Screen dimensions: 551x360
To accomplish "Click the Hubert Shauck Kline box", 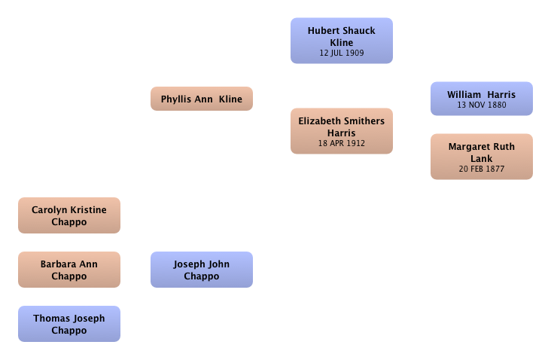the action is pos(342,41).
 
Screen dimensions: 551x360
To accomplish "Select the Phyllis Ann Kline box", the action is pos(202,99).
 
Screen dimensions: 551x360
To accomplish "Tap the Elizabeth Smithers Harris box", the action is pos(342,131).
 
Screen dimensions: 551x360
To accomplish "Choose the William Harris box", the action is pos(482,99).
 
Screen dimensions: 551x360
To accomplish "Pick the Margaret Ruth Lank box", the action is pos(482,157).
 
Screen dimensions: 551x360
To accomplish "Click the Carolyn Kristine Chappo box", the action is pos(69,215).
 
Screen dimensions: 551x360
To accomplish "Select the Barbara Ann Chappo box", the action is pos(69,270).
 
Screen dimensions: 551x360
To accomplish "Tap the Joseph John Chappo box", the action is pos(202,270).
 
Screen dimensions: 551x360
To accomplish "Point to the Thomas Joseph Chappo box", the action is pos(69,324).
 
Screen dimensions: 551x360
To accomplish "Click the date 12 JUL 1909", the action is pos(342,53).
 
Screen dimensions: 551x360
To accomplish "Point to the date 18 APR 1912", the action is pos(342,143).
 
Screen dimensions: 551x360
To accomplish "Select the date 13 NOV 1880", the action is pos(482,105).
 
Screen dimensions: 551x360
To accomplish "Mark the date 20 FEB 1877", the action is pos(482,169).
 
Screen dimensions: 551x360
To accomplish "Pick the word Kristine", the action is pos(87,210).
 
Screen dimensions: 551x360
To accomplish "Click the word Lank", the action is pos(482,159).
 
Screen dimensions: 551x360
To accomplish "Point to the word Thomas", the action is pos(50,318).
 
